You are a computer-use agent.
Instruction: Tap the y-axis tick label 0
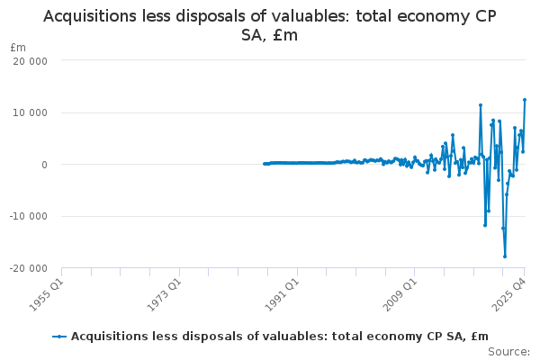tap(43, 165)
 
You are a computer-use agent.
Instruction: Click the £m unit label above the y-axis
tap(18, 47)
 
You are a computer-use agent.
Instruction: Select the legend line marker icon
tap(59, 337)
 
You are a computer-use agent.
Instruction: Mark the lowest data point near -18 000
tap(505, 256)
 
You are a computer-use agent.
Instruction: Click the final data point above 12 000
tap(525, 100)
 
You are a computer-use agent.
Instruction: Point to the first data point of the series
tap(264, 164)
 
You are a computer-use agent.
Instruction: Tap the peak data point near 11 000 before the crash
tap(481, 105)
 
